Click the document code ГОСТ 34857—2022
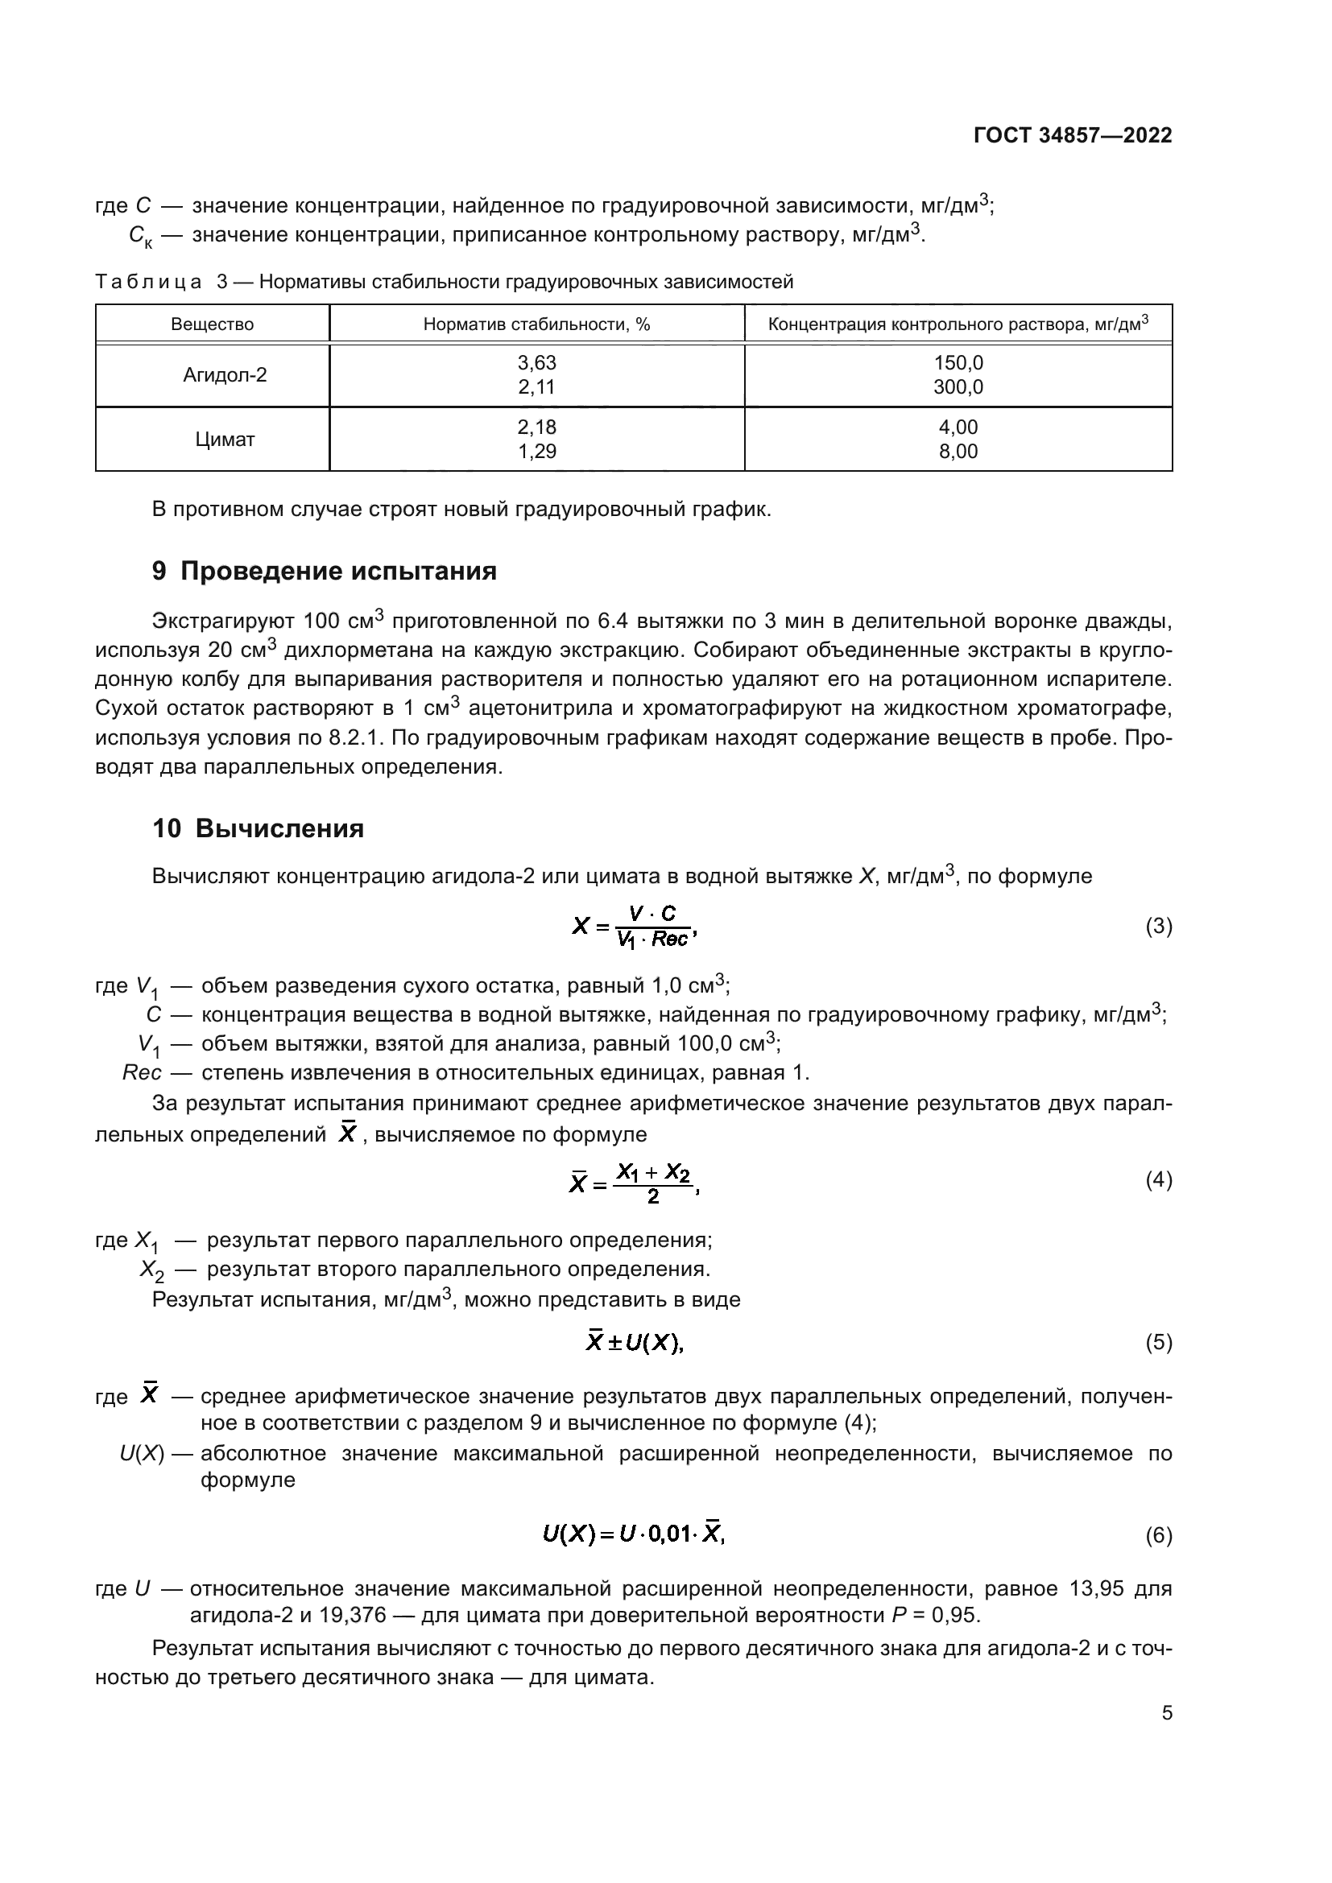[x=1072, y=135]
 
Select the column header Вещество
[x=213, y=324]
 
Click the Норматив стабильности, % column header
[x=536, y=324]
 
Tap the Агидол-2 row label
[x=225, y=376]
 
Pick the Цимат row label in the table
[x=225, y=440]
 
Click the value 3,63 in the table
[x=537, y=363]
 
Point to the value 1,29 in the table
[x=537, y=452]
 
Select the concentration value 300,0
[x=958, y=387]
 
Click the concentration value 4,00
[x=958, y=427]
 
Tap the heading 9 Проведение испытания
[x=324, y=572]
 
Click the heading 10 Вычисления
[x=258, y=829]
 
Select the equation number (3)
[x=1158, y=927]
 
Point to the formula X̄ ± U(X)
[x=634, y=1344]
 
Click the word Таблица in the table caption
[x=148, y=282]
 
